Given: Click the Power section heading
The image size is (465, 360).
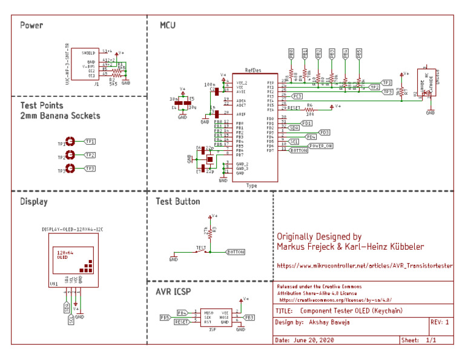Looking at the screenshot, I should click(31, 25).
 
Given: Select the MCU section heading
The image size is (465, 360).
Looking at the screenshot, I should click(168, 25).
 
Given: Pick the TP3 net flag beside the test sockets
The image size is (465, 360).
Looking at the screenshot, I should click(90, 169).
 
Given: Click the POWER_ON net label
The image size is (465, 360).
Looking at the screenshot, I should click(320, 145).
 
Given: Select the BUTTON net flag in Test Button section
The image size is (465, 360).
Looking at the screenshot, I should click(236, 252).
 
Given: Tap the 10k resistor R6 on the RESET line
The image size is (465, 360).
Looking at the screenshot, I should click(309, 108).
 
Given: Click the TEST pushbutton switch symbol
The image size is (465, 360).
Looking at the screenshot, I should click(202, 252).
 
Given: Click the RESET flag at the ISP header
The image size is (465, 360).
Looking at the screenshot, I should click(182, 322).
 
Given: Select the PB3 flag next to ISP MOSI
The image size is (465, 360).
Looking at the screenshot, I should click(248, 317).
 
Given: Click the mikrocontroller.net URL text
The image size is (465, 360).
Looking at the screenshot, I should click(364, 265).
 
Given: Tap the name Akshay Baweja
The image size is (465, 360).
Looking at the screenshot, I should click(329, 322).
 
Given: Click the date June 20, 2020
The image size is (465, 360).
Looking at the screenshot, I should click(312, 341).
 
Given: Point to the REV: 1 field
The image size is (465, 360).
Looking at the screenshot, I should click(440, 322).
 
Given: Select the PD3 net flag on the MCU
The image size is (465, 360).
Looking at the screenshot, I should click(325, 132).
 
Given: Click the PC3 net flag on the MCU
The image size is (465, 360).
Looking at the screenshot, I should click(297, 96).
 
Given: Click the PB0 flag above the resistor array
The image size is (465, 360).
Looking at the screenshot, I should click(291, 54).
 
